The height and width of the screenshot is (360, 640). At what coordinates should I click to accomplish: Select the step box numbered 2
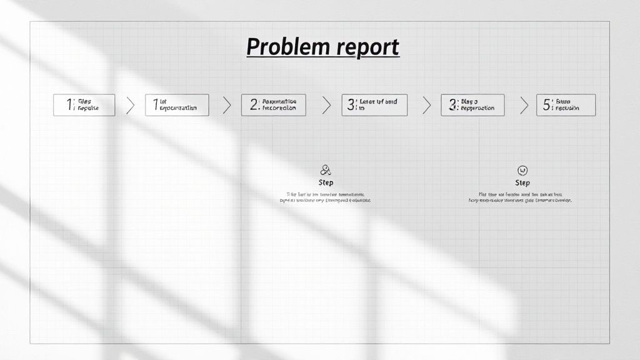tap(273, 105)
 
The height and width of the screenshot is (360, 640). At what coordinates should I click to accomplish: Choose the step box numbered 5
tap(566, 105)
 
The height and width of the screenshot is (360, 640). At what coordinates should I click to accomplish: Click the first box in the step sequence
tap(84, 105)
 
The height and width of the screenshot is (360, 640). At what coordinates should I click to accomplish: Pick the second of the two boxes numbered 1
tap(177, 105)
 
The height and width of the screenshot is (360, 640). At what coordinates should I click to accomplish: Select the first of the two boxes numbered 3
tap(374, 105)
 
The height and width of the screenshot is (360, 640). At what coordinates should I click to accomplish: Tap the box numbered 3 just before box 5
tap(472, 105)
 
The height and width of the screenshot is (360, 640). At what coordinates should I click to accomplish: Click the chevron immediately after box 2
tap(326, 105)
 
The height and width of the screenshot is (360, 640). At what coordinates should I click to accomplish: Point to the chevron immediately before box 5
tap(524, 105)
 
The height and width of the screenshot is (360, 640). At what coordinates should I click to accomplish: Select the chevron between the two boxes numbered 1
tap(130, 105)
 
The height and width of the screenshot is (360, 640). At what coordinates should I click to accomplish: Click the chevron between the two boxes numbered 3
tap(426, 105)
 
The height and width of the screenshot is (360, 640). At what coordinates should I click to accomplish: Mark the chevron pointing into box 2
tap(226, 105)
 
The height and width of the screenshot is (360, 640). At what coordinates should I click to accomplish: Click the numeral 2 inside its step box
tap(254, 105)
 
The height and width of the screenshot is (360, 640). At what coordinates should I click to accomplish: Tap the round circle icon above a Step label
tap(522, 170)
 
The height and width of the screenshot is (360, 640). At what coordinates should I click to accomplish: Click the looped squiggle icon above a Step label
tap(326, 170)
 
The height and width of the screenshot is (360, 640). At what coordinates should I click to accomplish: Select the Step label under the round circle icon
tap(522, 183)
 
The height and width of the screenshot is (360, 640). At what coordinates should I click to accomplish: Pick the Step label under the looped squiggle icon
tap(326, 182)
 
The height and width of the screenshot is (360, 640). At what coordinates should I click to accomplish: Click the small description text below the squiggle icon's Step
tap(324, 197)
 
